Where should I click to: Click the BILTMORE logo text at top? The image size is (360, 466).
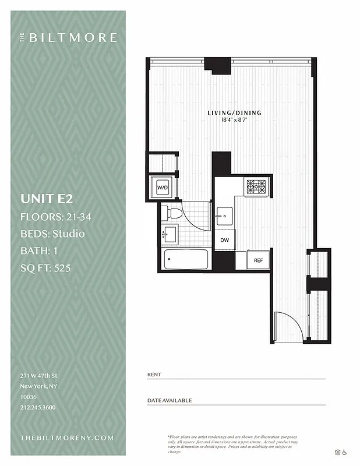(72, 38)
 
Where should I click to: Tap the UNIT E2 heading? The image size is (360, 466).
(47, 199)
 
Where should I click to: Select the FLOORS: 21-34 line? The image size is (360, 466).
(55, 217)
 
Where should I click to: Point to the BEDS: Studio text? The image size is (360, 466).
(52, 234)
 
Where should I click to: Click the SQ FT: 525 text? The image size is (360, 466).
(46, 268)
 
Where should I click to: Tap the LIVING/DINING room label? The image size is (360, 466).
(234, 112)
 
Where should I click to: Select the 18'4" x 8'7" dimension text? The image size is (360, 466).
(234, 120)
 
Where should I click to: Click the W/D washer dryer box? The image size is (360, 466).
(161, 188)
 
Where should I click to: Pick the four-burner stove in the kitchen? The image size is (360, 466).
(256, 186)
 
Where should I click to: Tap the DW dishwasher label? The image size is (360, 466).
(224, 240)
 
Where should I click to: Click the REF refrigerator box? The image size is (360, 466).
(257, 260)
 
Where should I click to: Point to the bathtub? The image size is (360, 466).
(186, 259)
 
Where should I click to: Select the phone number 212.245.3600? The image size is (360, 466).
(37, 407)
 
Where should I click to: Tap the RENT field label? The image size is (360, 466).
(154, 375)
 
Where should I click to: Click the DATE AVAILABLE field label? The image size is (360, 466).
(169, 401)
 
